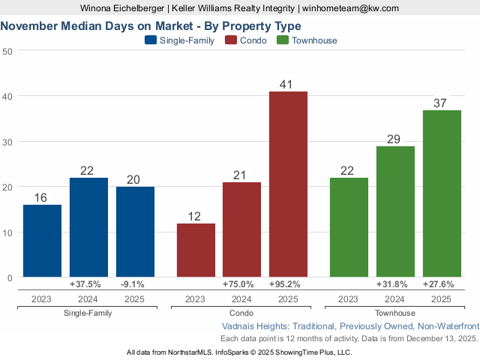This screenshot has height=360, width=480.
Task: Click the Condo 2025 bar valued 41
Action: (288, 184)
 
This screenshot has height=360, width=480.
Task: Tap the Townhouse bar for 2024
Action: (395, 211)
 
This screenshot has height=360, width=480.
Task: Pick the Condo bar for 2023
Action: (195, 250)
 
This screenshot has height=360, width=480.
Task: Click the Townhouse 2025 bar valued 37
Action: (442, 193)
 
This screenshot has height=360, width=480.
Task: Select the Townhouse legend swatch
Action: (283, 40)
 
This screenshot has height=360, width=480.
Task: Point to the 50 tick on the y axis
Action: (7, 51)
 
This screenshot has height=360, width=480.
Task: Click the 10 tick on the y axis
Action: (7, 232)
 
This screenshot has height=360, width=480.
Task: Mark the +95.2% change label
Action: (288, 284)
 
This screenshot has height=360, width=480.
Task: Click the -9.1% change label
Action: (135, 284)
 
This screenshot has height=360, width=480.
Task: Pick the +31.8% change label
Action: (395, 284)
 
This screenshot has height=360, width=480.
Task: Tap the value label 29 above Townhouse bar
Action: (395, 139)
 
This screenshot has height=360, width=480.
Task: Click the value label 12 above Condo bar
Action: (195, 216)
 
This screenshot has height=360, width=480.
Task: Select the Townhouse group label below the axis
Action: (394, 313)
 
